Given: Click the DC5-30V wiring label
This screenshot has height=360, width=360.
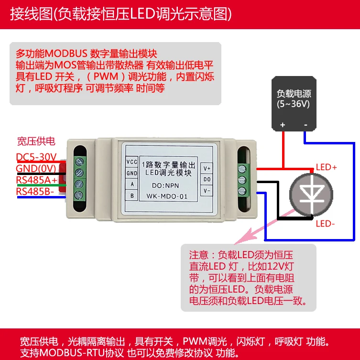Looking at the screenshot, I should (x=36, y=157).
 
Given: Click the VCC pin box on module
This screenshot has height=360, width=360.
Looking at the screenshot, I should (x=131, y=162).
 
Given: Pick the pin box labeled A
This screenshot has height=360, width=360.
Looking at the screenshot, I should (x=131, y=184).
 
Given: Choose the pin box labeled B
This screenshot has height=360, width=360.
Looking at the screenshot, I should (x=131, y=196).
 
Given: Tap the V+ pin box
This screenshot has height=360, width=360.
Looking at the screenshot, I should (x=207, y=168).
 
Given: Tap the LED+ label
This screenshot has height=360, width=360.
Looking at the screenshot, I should (x=327, y=167).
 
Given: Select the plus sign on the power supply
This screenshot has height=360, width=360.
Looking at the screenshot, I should (x=283, y=125).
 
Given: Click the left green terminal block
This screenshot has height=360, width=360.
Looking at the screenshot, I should (x=77, y=177).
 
